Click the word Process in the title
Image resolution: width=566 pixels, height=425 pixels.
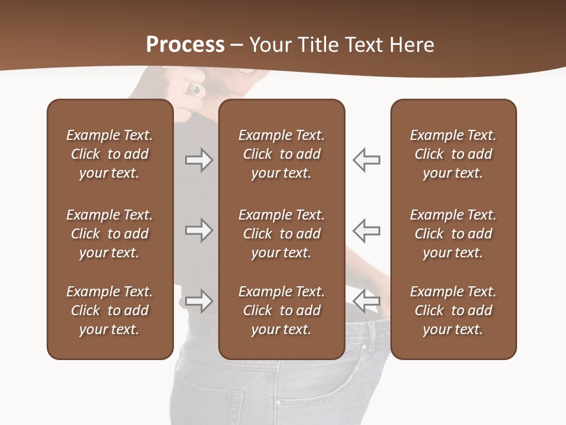tap(185, 44)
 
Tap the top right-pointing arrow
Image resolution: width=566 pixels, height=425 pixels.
tap(199, 160)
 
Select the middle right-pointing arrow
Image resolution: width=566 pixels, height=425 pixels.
tap(199, 230)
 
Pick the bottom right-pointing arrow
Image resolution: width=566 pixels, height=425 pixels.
tap(199, 300)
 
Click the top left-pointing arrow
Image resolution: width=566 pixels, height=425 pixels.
tap(366, 160)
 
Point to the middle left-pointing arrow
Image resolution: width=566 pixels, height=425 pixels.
tap(366, 230)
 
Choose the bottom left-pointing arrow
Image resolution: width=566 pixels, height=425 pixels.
tap(366, 300)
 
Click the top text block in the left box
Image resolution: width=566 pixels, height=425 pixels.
tap(110, 154)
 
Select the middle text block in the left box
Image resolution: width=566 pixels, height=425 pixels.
tap(110, 234)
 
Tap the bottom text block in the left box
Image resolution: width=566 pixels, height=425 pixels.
tap(110, 310)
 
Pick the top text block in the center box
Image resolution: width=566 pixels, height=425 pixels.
tap(281, 154)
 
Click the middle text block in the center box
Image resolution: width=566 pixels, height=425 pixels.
tap(281, 234)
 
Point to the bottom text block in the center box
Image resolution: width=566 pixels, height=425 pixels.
tap(281, 310)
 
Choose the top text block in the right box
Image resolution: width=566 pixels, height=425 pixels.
tap(453, 154)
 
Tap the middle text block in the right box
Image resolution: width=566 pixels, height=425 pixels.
tap(453, 234)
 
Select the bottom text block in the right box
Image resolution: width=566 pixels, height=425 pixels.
tap(453, 310)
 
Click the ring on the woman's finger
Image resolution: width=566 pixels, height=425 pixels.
tap(195, 89)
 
